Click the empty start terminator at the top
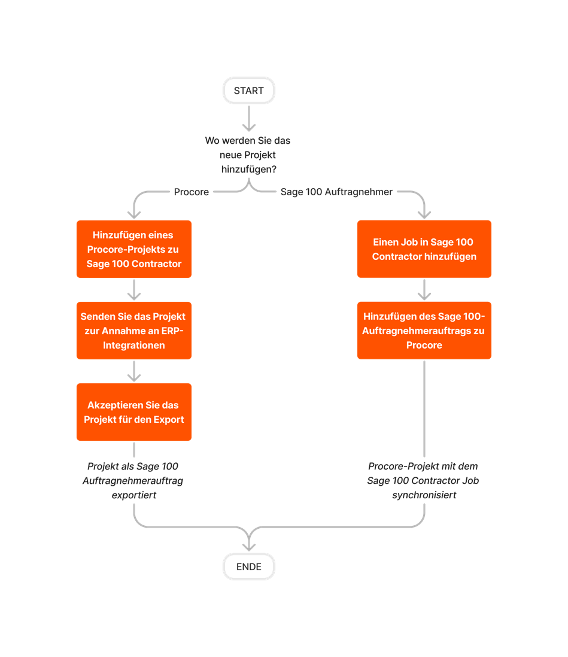point(248,90)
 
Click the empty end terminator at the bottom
point(248,566)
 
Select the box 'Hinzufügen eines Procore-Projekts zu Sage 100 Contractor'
point(134,249)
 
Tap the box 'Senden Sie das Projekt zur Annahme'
point(134,331)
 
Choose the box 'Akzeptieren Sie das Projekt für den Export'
point(134,412)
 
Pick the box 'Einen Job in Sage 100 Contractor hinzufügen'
point(424,249)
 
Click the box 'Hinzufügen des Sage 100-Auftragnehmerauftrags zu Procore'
point(424,331)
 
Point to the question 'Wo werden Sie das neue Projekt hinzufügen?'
point(248,155)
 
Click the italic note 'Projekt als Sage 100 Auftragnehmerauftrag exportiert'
point(133,481)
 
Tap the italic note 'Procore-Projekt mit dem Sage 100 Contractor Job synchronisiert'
point(424,481)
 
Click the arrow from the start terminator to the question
point(248,119)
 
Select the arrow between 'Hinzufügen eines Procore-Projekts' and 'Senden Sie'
point(134,290)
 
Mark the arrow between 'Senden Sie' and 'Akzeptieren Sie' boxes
point(134,371)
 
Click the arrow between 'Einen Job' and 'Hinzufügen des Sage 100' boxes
point(424,290)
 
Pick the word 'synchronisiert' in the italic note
point(424,495)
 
